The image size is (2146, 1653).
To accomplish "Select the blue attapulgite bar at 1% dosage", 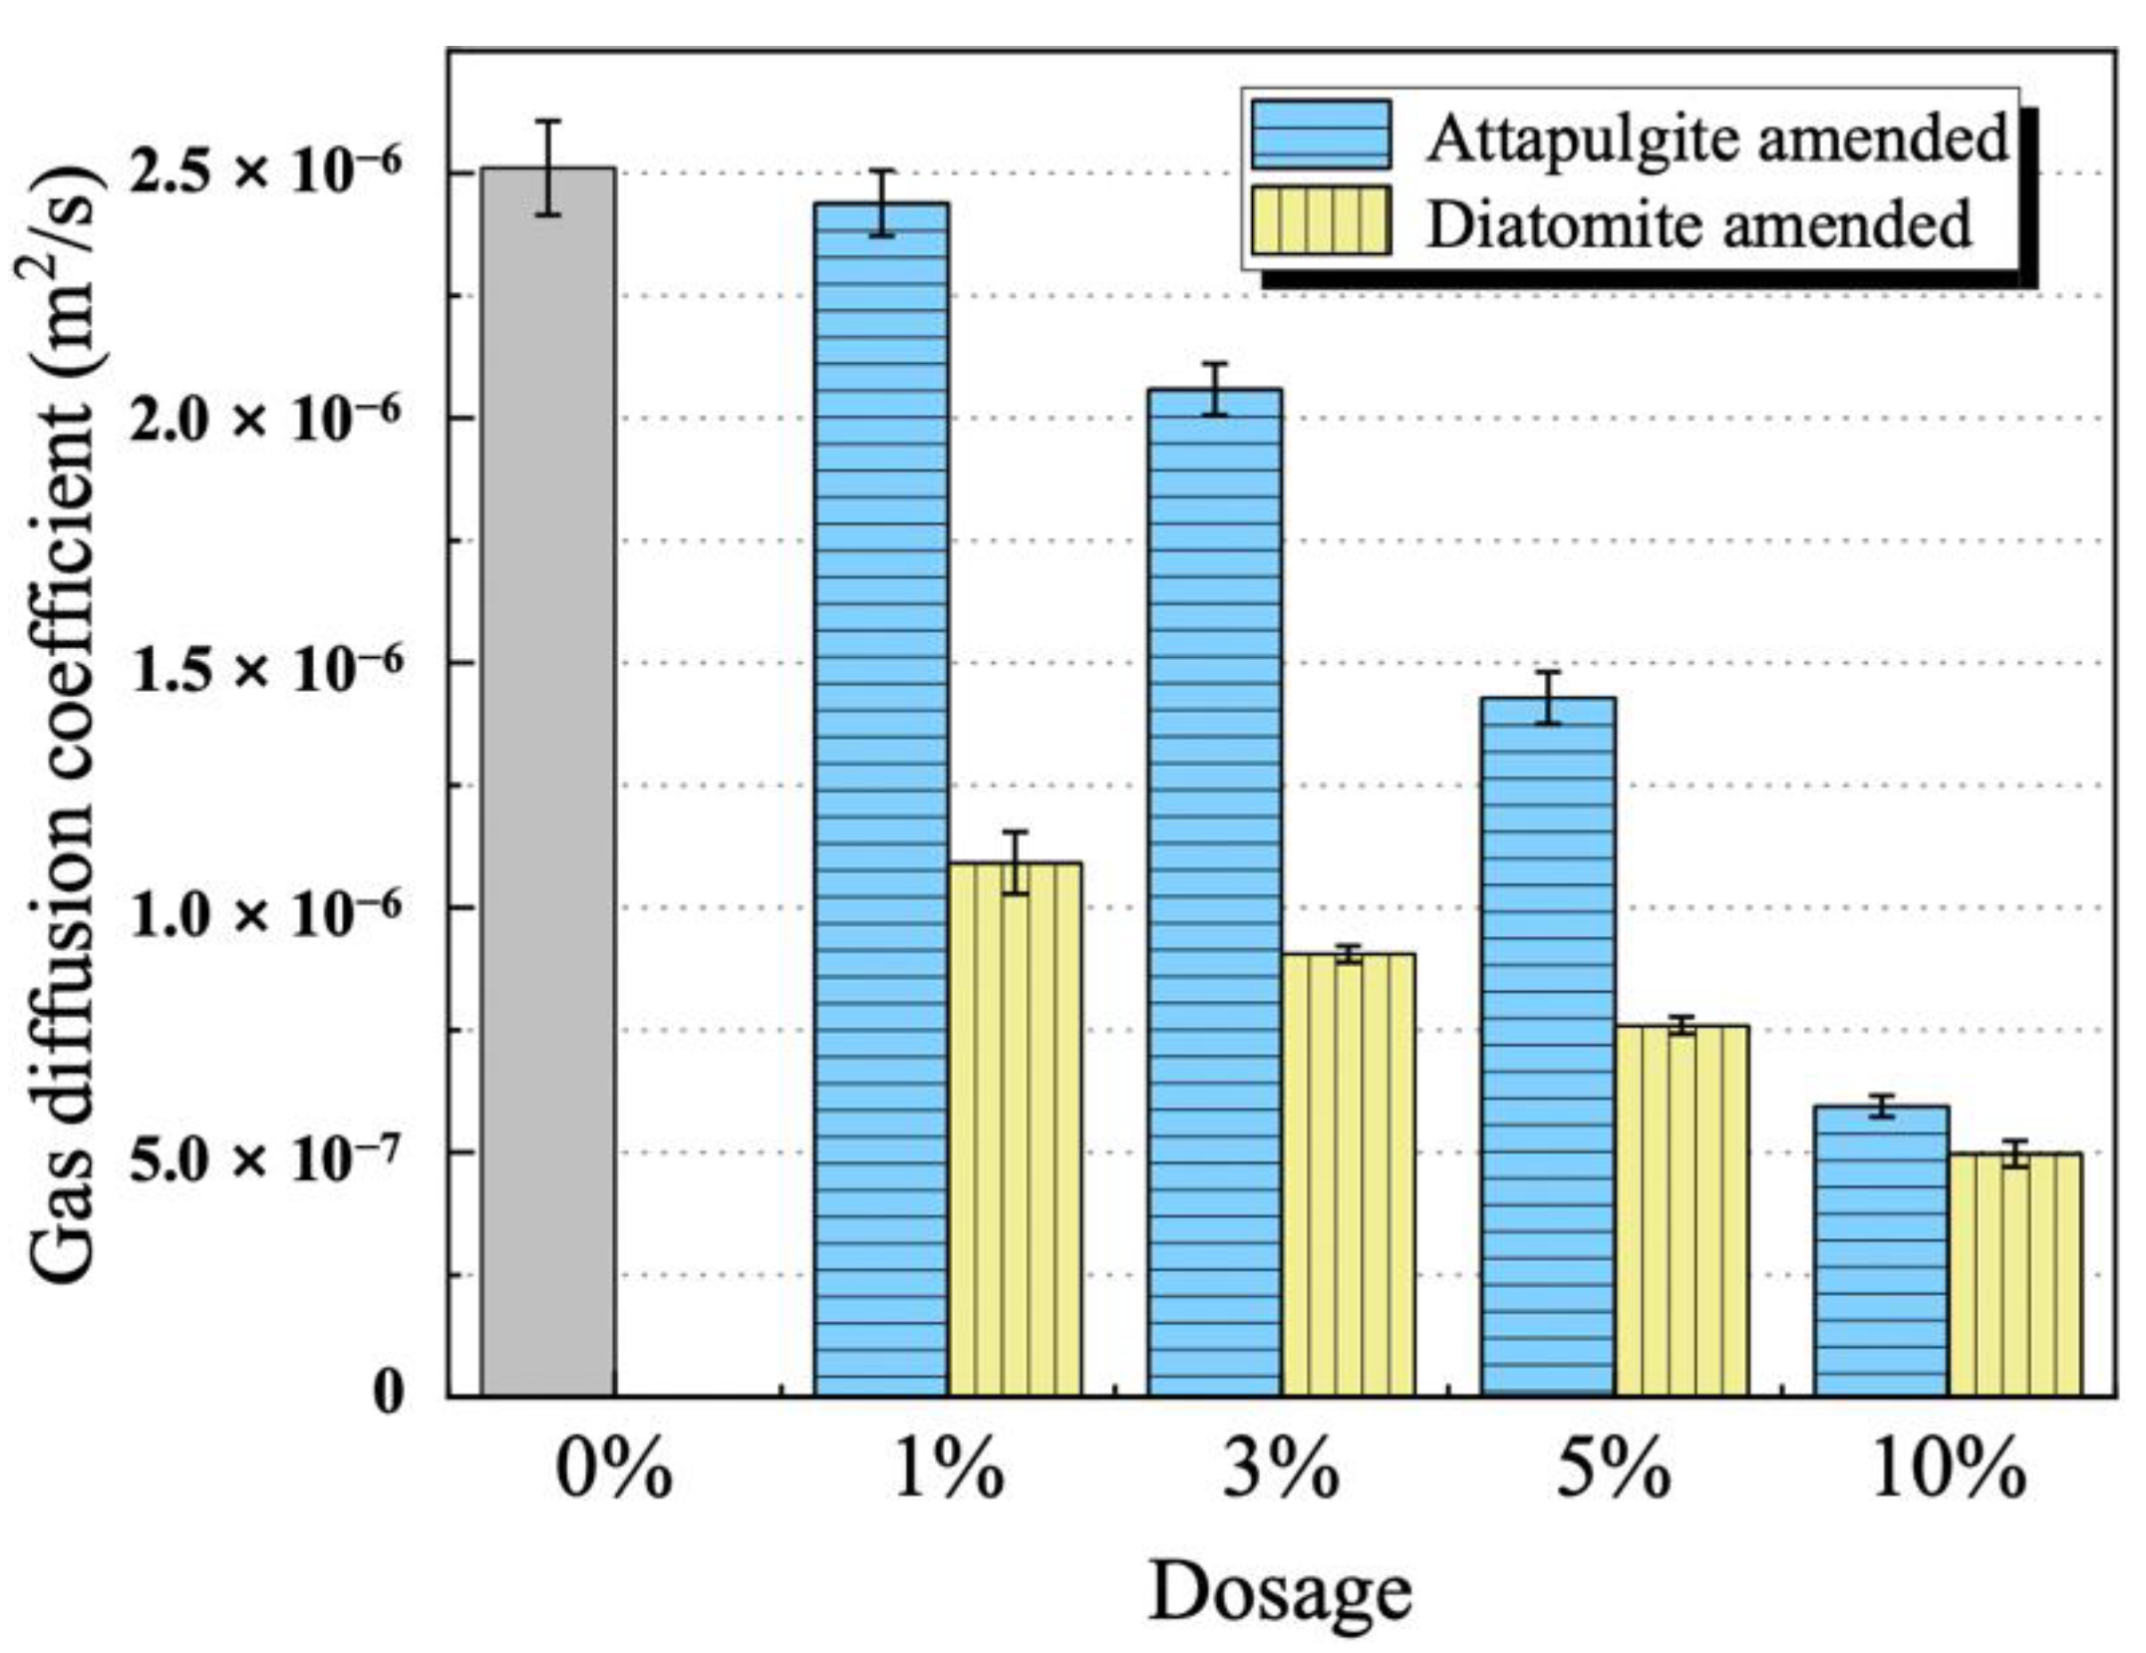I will coord(881,798).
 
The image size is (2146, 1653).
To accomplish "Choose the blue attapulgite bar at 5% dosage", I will coord(1548,1047).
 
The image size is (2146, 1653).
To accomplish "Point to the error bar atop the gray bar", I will coord(548,167).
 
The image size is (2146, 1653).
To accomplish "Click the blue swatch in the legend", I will coord(1322,135).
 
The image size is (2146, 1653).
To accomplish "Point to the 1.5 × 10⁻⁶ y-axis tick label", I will coord(267,666).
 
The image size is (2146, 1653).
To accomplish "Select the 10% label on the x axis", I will coord(1949,1472).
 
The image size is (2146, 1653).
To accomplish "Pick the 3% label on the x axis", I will coord(1281,1472).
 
